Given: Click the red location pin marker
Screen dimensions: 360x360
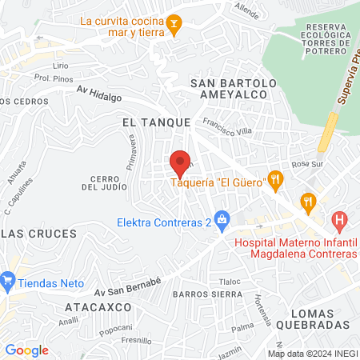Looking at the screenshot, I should (181, 162).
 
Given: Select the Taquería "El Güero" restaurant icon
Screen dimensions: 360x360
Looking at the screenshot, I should (275, 179).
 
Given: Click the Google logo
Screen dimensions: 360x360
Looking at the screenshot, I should (27, 350).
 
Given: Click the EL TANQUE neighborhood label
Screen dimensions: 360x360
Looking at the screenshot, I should (156, 122).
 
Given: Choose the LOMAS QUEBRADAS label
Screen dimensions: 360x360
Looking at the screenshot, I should (310, 318).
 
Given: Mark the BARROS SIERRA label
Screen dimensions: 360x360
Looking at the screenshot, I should (206, 294).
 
